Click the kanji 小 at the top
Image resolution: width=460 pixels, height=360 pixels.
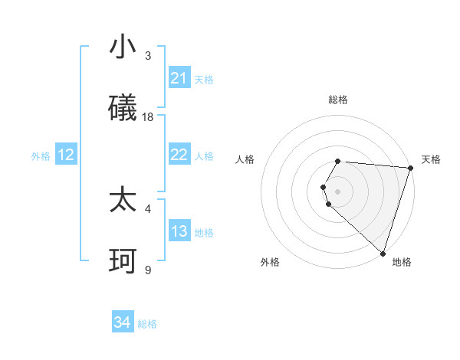point(123,47)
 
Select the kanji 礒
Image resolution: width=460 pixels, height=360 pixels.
point(123,108)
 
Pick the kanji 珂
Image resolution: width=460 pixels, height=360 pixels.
point(123,261)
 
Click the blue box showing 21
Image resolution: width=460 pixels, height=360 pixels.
point(179,78)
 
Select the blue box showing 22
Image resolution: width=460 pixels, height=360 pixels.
point(179,155)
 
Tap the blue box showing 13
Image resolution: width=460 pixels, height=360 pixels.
point(179,231)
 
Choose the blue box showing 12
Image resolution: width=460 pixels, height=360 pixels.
point(66,155)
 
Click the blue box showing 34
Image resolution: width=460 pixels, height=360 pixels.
point(123,322)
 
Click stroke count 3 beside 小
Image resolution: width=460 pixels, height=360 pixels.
point(148,55)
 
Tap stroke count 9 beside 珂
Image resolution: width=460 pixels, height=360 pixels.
point(148,270)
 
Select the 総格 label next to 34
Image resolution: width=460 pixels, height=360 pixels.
point(147,324)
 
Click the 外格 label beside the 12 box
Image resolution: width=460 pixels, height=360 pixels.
point(41,156)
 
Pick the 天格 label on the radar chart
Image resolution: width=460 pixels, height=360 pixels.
point(431,159)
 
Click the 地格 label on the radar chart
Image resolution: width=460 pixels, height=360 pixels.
point(402,262)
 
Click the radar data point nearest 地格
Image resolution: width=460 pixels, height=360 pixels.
point(383,254)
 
